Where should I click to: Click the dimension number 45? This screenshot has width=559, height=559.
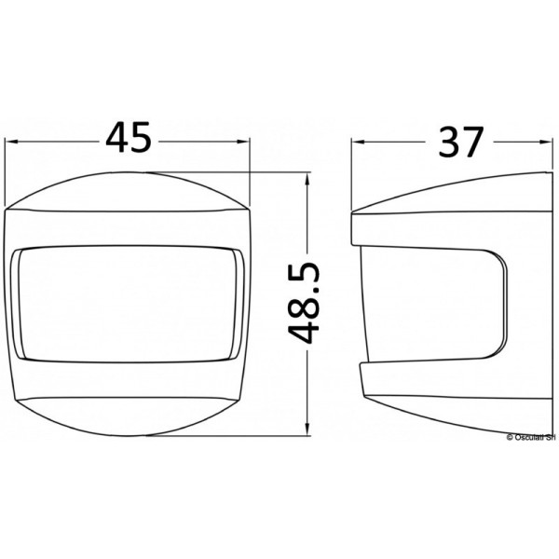click(129, 140)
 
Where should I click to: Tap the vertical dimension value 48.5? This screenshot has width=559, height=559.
click(306, 303)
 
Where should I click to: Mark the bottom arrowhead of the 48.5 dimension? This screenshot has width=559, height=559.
click(307, 431)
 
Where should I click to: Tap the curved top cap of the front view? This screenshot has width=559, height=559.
click(129, 191)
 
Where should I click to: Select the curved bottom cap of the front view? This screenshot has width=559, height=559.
click(129, 415)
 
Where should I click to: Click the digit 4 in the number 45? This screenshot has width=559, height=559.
click(116, 140)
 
